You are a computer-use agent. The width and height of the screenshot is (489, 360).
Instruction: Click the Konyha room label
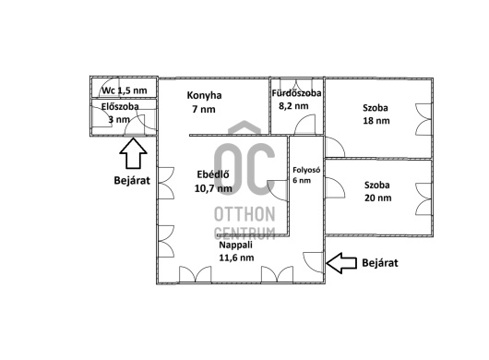point(204,95)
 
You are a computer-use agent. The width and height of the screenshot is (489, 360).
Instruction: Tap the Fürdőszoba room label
point(296,93)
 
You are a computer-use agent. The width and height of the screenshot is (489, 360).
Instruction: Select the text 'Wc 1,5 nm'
point(125,90)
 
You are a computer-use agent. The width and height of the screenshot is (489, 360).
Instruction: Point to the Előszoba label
point(120,106)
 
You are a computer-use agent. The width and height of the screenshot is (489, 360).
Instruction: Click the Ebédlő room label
point(213,174)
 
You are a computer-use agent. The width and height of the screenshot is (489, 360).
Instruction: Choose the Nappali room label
point(236,245)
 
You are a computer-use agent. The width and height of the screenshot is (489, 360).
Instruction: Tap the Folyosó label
point(306,170)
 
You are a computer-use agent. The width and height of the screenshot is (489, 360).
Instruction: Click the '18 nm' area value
point(376,121)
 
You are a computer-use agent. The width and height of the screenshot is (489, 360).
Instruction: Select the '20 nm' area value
point(378,198)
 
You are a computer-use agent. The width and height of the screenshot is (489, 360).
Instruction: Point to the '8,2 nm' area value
point(293,106)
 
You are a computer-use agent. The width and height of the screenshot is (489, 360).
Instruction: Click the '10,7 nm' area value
point(213,188)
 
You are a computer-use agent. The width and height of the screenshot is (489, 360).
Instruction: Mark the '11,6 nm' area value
point(236,258)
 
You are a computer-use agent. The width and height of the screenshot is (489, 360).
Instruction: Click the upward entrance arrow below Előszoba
point(133,153)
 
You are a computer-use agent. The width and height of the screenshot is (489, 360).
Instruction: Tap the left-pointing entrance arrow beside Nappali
point(341,263)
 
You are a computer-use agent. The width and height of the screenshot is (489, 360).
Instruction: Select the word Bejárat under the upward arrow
point(132,180)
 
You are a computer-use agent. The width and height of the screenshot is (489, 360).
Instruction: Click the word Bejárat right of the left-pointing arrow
point(380,263)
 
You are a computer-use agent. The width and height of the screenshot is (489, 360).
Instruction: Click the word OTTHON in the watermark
point(244,214)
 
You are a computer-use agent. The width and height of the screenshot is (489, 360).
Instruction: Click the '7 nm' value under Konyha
point(204,110)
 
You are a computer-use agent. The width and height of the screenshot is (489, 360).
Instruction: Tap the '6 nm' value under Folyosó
point(302,180)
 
